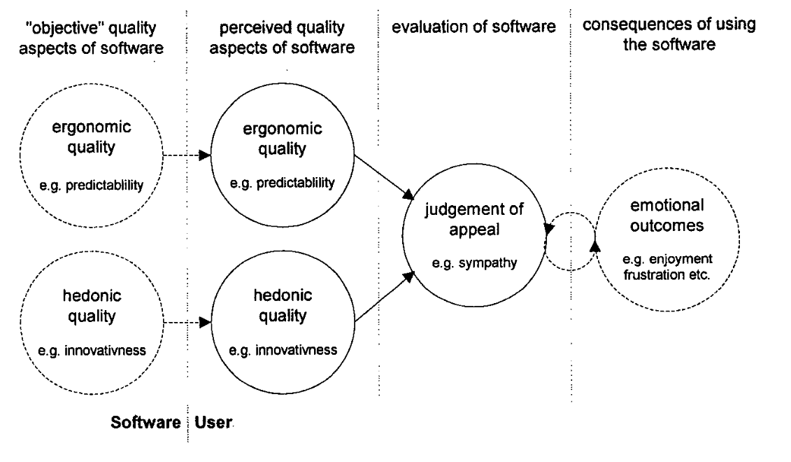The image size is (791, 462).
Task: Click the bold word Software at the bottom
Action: (x=145, y=422)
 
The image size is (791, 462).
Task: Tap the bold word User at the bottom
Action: (x=213, y=422)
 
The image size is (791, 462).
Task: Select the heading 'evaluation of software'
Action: (x=473, y=27)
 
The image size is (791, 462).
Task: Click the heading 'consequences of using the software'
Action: (x=669, y=34)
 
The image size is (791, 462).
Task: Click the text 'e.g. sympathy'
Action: (x=474, y=263)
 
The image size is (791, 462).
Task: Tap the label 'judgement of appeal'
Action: (x=474, y=218)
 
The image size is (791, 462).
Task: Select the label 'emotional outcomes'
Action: (x=667, y=215)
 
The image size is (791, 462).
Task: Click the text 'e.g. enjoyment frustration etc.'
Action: (x=667, y=267)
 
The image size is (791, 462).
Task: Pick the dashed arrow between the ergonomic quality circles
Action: (x=187, y=155)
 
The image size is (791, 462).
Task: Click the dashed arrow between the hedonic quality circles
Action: (x=187, y=322)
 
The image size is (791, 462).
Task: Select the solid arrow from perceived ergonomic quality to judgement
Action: (x=385, y=177)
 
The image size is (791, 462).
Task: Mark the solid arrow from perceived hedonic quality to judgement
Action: (x=385, y=297)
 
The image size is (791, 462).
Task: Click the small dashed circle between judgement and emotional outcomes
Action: (x=571, y=241)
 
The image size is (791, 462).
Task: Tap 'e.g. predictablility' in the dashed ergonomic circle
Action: (x=92, y=185)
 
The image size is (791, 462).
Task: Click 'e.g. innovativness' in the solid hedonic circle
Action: (x=283, y=350)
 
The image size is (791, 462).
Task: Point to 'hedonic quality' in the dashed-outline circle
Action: (x=92, y=305)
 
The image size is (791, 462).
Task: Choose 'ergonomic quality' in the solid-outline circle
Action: (x=283, y=139)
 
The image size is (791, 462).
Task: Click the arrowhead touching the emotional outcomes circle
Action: (x=596, y=246)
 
